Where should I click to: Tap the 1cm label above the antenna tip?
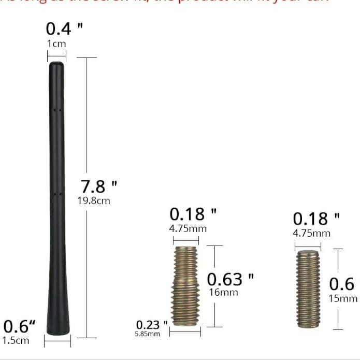click(x=56, y=44)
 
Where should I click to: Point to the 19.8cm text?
click(x=94, y=200)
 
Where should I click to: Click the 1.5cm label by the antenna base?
click(x=16, y=340)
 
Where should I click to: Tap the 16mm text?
click(x=223, y=293)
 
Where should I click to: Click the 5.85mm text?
click(x=148, y=334)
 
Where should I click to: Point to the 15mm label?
click(x=343, y=298)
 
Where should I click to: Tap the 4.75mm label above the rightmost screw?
click(x=311, y=233)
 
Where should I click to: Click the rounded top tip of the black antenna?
click(x=56, y=65)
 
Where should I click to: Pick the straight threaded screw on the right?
click(x=308, y=290)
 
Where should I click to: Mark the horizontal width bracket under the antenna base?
click(x=57, y=342)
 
